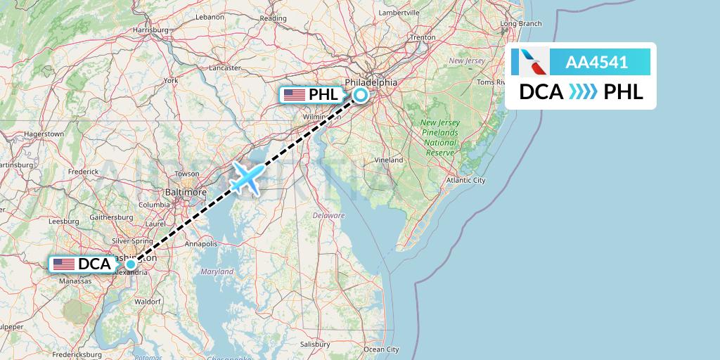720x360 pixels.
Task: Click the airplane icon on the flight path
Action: (x=247, y=177)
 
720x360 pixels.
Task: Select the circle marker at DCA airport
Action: (x=131, y=264)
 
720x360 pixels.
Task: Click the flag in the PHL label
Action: (x=294, y=95)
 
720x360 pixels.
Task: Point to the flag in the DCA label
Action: (x=64, y=264)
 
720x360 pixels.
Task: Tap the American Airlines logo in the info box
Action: (x=529, y=62)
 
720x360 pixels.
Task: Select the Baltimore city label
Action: (x=185, y=191)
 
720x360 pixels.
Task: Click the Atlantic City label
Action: (x=465, y=180)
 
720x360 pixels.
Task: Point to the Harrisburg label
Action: (x=150, y=30)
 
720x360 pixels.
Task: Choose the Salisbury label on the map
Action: (x=315, y=345)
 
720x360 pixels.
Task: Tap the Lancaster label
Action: (x=225, y=67)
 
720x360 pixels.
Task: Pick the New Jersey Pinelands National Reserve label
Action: (x=440, y=137)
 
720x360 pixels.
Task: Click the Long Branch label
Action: (x=520, y=23)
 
